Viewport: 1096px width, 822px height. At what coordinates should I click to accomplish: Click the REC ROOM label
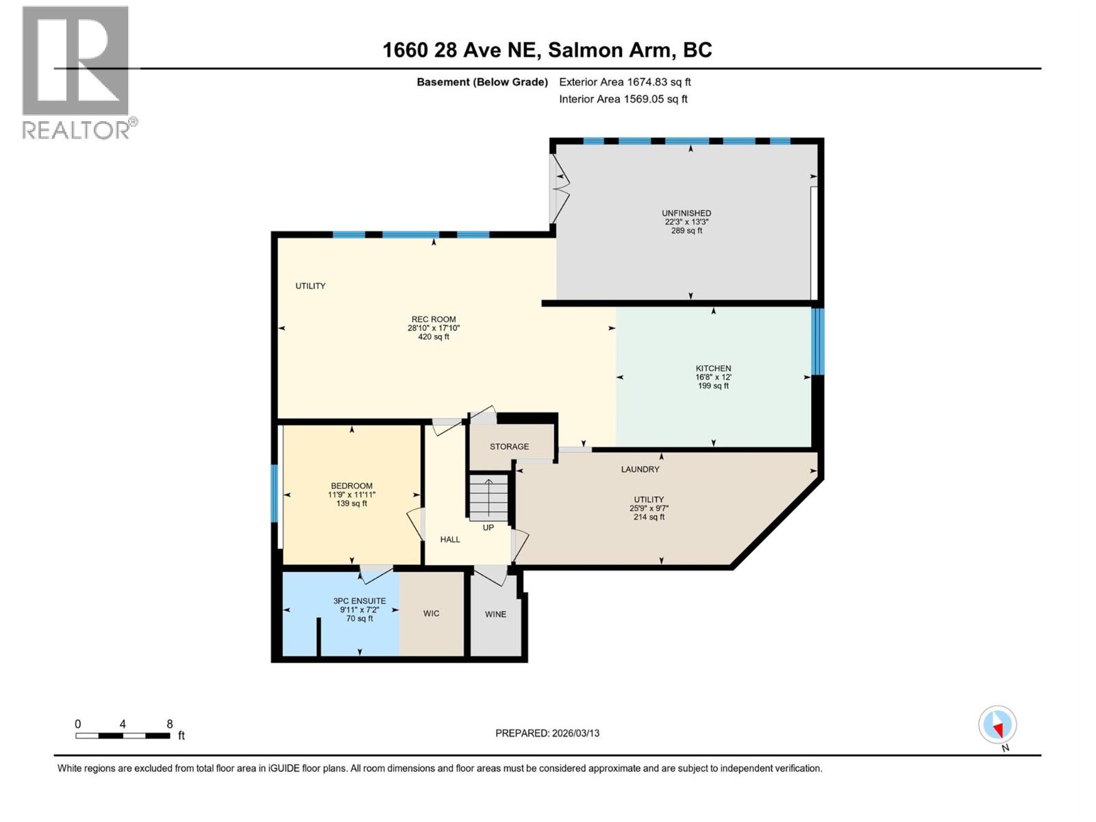point(434,319)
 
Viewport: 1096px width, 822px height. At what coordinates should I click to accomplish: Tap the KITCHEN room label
point(713,369)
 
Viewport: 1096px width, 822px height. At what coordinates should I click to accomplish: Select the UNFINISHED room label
point(686,213)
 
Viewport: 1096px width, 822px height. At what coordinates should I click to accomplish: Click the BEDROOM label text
point(351,486)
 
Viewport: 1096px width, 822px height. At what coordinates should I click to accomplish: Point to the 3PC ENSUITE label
point(360,601)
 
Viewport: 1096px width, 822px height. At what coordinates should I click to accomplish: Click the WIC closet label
point(431,613)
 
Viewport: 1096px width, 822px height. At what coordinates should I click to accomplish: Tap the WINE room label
point(495,614)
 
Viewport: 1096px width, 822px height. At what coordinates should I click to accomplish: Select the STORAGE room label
point(509,447)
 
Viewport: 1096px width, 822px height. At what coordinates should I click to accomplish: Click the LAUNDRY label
point(640,469)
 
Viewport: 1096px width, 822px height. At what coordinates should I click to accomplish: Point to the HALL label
point(450,539)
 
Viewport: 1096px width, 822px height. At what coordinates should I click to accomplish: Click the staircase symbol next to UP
point(488,497)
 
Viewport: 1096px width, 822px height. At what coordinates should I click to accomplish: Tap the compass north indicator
point(997,725)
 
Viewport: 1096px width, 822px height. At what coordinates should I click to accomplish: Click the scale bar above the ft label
point(123,736)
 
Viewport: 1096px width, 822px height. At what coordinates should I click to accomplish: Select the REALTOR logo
point(76,72)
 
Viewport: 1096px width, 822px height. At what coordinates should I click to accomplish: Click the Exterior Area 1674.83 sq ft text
point(625,82)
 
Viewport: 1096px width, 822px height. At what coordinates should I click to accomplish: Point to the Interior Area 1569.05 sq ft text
point(623,99)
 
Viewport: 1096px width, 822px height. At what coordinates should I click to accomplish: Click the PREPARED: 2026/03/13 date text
point(547,733)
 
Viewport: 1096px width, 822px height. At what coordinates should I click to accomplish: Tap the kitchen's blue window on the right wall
point(817,341)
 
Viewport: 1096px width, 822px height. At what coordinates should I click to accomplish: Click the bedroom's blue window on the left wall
point(274,493)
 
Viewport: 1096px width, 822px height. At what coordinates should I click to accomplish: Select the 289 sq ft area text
point(686,231)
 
